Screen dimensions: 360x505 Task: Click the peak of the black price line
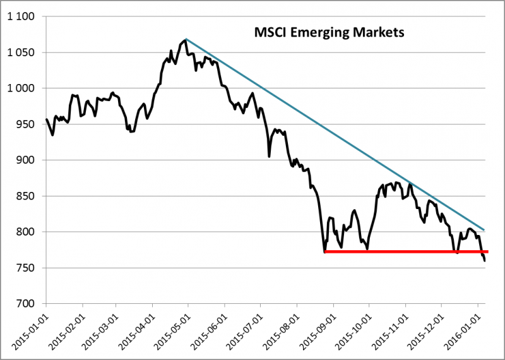[x=185, y=40]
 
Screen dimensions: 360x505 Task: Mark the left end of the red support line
[x=324, y=251]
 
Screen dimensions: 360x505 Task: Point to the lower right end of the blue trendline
[x=484, y=230]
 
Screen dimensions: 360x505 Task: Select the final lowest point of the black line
[x=484, y=260]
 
